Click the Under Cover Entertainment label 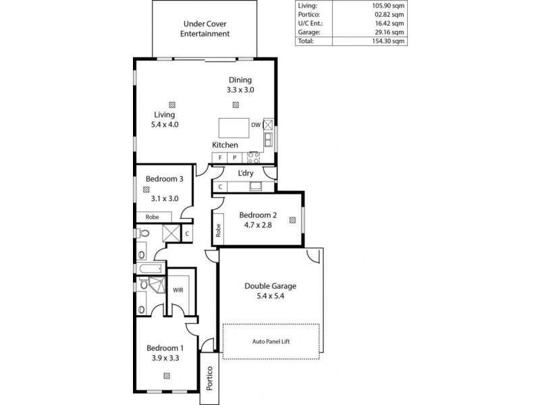(207, 28)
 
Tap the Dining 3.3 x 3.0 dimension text (240, 89)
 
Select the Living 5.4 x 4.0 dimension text (165, 124)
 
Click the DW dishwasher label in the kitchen (256, 125)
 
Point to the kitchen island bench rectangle (234, 128)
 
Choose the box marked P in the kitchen (234, 157)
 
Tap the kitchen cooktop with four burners (254, 157)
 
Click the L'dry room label (246, 173)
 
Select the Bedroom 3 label (164, 179)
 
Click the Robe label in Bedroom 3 (151, 217)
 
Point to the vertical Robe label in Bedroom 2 (219, 230)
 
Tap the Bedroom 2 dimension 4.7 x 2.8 (258, 225)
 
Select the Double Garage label (270, 286)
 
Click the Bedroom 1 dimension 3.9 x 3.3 (165, 358)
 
